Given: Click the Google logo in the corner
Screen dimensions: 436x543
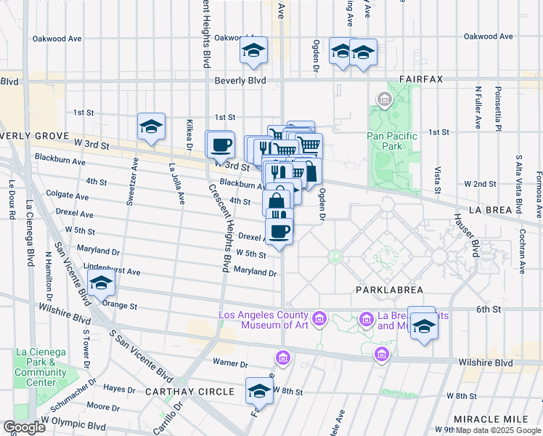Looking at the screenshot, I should (24, 427).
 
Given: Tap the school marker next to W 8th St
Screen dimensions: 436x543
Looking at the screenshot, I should (258, 391).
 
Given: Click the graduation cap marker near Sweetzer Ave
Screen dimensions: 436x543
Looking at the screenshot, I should (151, 126).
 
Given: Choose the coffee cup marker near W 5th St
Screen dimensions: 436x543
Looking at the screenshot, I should (279, 231).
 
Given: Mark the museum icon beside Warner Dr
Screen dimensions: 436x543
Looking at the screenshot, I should (282, 358).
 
